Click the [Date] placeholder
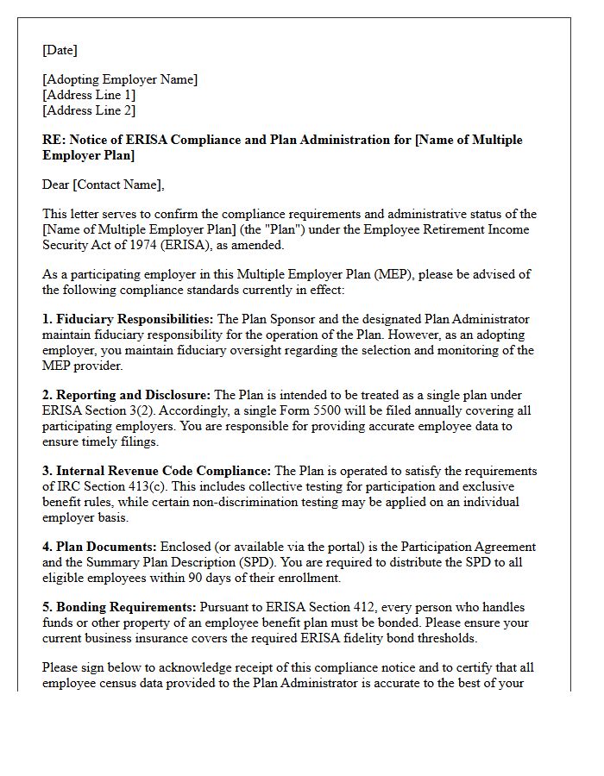coord(60,50)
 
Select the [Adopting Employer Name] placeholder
coord(120,79)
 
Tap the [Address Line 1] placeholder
coord(89,95)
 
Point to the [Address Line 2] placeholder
coord(89,110)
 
